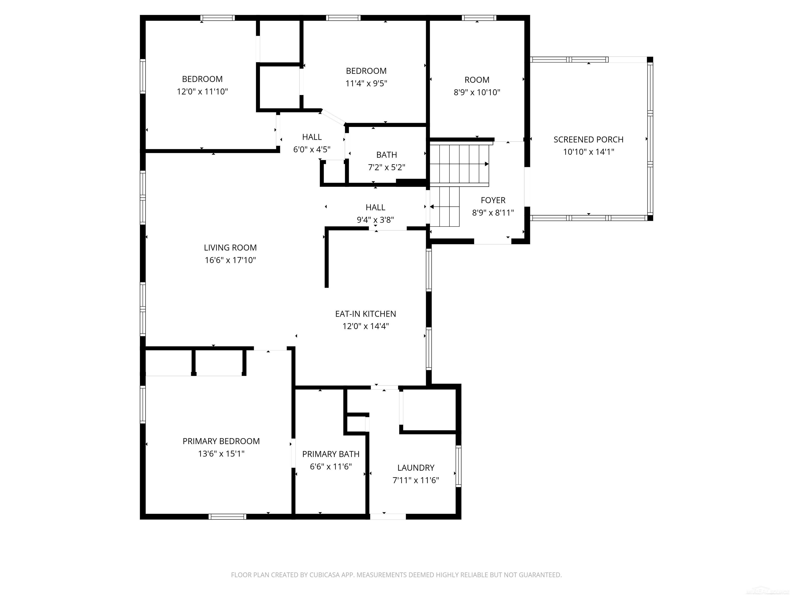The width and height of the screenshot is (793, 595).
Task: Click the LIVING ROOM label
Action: coord(230,247)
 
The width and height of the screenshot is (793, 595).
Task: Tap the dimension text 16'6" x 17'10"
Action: coord(230,260)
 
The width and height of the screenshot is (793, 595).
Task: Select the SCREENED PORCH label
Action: coord(588,139)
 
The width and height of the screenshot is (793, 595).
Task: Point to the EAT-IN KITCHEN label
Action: coord(365,314)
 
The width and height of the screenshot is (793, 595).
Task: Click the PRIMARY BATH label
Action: coord(330,454)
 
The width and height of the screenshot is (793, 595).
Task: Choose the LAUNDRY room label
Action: coord(416,468)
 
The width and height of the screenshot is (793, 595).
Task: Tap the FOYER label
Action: coord(493,200)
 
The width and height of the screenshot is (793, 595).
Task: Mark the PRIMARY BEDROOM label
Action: coord(221,441)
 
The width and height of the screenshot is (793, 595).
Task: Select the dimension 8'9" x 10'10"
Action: coord(477,92)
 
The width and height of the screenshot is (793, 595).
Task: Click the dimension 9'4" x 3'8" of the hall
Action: coord(375,220)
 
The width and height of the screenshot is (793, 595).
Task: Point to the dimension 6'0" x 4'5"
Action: coord(312,150)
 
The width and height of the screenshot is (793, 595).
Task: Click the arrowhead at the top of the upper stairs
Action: coord(487,164)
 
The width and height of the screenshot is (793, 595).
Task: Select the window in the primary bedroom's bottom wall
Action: coord(227,516)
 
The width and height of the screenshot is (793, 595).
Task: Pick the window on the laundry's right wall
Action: coord(458,466)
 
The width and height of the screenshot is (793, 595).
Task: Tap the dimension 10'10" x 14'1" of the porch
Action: coord(588,152)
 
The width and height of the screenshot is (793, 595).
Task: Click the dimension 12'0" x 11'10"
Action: coord(202,91)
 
